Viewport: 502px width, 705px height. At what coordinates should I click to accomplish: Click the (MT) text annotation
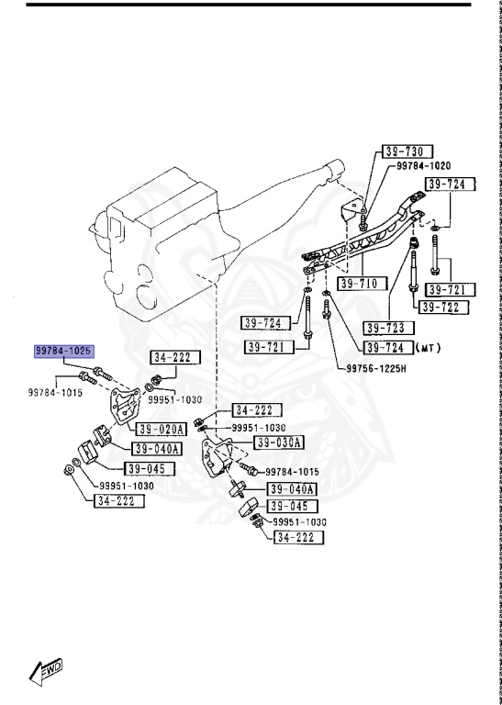[429, 347]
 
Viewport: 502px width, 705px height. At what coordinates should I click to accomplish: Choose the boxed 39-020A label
[162, 430]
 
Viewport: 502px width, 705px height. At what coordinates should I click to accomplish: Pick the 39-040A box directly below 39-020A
[156, 449]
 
